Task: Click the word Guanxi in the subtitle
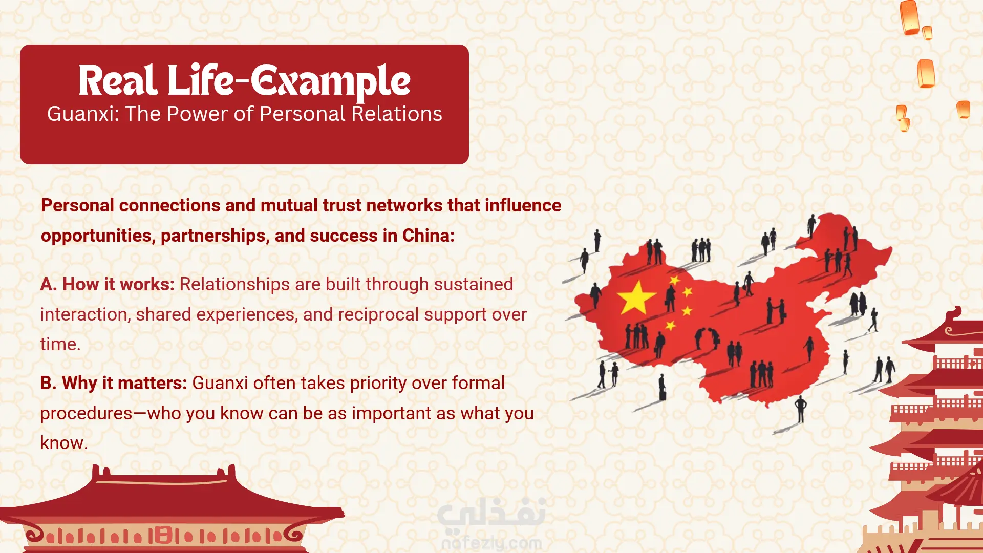click(x=82, y=114)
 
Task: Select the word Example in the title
click(x=331, y=82)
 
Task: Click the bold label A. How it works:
click(x=108, y=284)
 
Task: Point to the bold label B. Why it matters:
click(x=114, y=383)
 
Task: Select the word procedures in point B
click(x=87, y=414)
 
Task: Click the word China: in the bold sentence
click(x=429, y=236)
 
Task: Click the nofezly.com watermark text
click(x=491, y=543)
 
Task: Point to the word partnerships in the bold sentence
click(x=216, y=236)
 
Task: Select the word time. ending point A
click(x=60, y=344)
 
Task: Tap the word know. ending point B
click(x=64, y=443)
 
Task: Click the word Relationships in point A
click(x=235, y=285)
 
